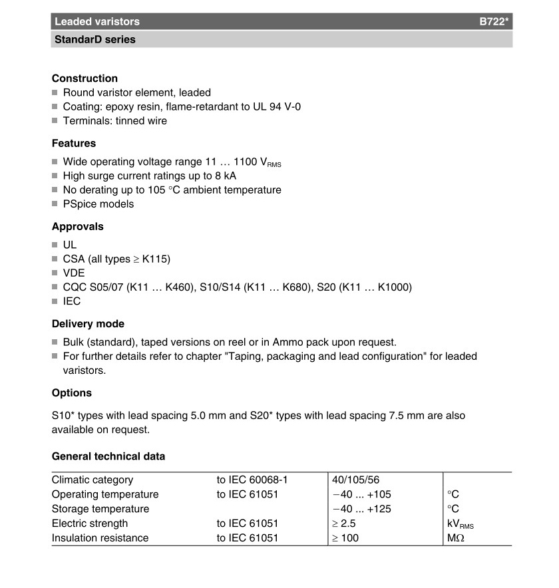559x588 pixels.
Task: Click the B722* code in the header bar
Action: point(494,21)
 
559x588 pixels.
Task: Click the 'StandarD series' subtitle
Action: point(93,39)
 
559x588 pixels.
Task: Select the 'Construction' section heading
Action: point(85,78)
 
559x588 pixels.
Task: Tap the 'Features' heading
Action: point(74,143)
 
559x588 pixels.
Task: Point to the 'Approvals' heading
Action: point(78,226)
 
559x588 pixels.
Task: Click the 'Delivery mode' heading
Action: point(88,324)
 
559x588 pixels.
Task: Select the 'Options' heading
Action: point(72,392)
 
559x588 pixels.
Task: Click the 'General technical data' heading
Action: point(108,456)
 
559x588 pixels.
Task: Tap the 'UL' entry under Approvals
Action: point(70,244)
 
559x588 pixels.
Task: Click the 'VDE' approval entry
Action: point(74,273)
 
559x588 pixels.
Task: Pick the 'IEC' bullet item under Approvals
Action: point(72,301)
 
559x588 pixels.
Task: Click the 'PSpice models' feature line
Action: point(98,204)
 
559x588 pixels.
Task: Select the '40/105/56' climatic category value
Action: point(355,480)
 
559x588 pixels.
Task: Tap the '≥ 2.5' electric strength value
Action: point(344,523)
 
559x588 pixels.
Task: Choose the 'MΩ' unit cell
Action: point(456,538)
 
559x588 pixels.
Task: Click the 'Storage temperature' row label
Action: point(100,509)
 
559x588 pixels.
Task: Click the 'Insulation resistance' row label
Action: point(100,538)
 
